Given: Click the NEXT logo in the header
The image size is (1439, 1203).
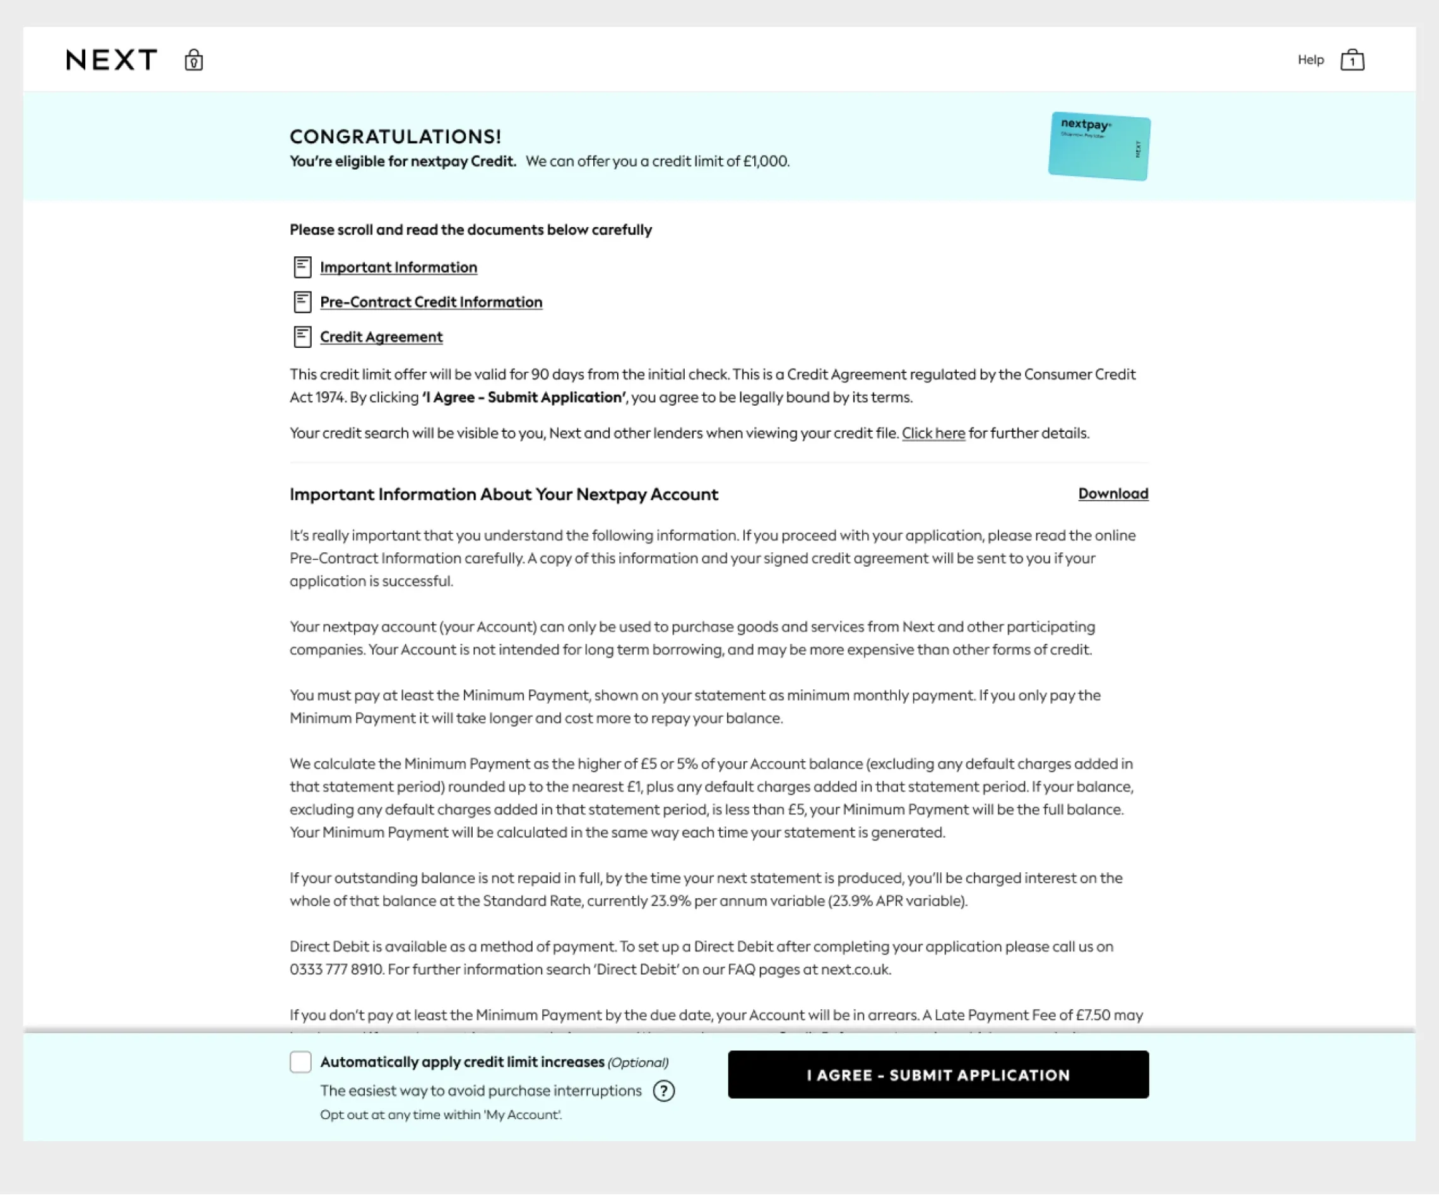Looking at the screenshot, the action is tap(112, 61).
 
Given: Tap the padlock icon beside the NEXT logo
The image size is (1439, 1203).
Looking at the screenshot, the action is tap(194, 61).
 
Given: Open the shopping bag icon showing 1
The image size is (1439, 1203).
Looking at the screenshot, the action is tap(1352, 61).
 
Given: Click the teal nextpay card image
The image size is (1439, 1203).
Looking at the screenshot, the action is tap(1099, 146).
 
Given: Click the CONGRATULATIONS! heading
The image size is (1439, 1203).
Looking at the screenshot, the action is tap(395, 136).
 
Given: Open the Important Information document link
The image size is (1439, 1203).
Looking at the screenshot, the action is tap(398, 267).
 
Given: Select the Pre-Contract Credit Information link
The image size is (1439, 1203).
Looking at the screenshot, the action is tap(431, 302).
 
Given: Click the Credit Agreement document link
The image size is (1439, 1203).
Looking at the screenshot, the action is tap(381, 337).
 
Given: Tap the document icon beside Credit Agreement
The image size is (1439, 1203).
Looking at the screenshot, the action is tap(302, 337).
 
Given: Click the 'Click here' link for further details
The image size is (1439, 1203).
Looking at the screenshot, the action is tap(933, 434).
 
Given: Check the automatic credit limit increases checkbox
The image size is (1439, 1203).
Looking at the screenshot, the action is tap(301, 1062).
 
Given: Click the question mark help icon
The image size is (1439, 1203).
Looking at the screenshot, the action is tap(663, 1091).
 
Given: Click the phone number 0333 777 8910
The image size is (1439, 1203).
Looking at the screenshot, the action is tap(336, 970).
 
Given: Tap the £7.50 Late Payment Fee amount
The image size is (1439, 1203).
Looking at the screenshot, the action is tap(1093, 1016).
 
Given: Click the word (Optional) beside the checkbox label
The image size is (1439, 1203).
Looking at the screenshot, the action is tap(638, 1062).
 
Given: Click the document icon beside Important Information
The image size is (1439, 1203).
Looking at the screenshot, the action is tap(302, 267).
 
